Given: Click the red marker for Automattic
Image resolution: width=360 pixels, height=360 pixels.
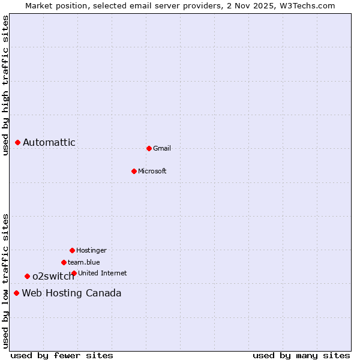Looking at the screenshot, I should point(18,142).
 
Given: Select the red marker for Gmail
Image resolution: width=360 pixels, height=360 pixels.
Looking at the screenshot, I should point(149,148).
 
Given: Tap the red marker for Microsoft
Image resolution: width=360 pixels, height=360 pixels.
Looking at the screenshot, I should point(134,171).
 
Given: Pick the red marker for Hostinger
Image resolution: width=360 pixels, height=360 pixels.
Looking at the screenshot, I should point(72,250).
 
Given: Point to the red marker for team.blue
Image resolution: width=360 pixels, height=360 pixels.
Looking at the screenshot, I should point(64,262).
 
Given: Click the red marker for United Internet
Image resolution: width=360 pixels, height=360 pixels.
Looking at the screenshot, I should point(74,273).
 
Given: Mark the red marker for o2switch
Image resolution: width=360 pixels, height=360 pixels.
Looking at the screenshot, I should point(27,276).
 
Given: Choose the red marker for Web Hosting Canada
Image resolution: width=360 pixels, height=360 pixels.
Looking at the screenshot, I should point(16,293).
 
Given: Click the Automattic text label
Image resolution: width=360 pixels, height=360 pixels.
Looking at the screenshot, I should point(49,142).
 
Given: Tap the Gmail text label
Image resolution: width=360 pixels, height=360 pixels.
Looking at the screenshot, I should point(162,148).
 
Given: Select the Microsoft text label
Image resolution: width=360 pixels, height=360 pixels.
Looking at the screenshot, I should point(152,171).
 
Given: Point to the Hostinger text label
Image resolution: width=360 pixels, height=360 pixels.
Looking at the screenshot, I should point(91,250).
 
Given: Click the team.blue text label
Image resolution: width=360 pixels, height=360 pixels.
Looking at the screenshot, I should point(84,262).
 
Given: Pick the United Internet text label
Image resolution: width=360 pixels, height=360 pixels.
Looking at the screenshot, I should point(103,273).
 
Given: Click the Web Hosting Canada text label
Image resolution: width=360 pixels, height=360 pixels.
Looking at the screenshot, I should point(71,293).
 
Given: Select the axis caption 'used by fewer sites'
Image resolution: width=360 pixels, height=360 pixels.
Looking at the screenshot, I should point(62,355).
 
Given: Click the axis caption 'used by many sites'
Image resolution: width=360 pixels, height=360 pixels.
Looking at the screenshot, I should point(301,355).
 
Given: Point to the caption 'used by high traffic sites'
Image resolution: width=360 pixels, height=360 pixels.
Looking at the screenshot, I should point(5,85).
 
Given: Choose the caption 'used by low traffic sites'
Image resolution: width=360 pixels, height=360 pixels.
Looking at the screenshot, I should point(5,281).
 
